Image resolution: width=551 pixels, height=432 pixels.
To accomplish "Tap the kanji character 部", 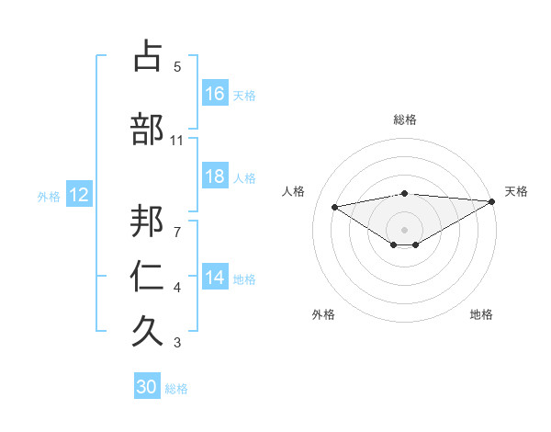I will (x=149, y=131).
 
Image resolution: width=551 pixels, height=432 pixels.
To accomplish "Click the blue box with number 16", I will (x=215, y=94).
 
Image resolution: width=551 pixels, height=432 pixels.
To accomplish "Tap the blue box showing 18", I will (x=215, y=176).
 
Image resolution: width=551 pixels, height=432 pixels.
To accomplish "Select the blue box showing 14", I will (x=215, y=279).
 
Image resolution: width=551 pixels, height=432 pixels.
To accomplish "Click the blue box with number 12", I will (x=78, y=195).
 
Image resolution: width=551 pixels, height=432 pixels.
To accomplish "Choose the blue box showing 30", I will (x=147, y=388).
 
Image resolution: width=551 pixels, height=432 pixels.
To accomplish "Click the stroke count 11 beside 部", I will (x=177, y=141).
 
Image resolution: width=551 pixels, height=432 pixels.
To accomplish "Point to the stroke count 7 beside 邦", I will (x=177, y=222).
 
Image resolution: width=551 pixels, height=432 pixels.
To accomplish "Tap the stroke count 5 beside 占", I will (x=177, y=67).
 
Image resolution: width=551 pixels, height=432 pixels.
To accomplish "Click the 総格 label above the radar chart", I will (x=404, y=119).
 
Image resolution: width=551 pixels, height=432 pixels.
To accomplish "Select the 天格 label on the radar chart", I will (x=516, y=191).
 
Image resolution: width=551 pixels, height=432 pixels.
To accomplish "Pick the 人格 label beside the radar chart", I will (x=294, y=191).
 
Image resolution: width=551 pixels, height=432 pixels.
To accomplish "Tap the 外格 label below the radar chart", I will (x=323, y=315).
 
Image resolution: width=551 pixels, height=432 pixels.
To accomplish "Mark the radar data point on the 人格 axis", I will (x=334, y=206).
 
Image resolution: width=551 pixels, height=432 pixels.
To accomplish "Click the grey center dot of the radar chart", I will (x=404, y=229).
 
